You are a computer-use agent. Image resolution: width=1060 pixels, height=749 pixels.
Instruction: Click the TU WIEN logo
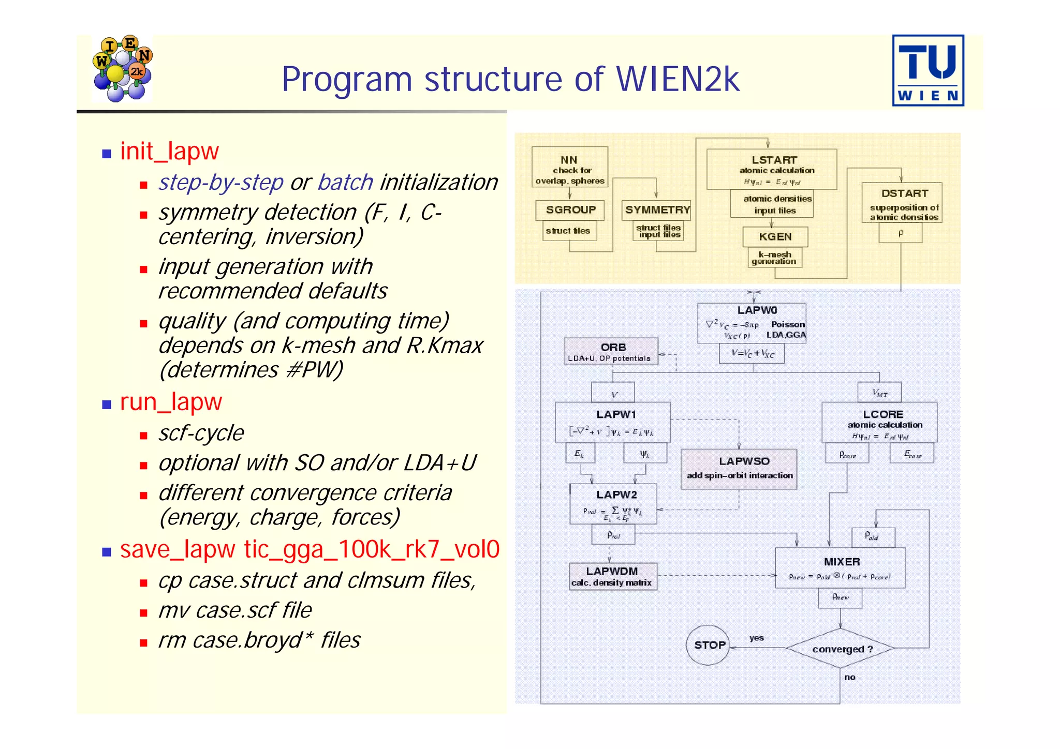927,70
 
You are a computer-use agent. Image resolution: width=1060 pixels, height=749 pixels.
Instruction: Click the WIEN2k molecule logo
123,68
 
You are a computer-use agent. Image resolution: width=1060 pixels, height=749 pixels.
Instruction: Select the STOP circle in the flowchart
708,645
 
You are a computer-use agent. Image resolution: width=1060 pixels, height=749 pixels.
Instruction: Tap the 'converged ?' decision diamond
840,649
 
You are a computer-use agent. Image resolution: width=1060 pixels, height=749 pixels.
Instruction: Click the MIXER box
840,567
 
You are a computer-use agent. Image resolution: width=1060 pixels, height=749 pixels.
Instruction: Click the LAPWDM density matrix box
613,576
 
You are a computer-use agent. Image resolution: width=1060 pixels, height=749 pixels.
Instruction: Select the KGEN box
775,236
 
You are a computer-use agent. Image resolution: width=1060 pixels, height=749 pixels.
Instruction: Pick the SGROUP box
570,209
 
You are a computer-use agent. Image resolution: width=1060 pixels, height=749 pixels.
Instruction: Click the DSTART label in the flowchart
904,193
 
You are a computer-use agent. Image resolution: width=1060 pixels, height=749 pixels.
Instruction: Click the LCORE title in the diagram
883,414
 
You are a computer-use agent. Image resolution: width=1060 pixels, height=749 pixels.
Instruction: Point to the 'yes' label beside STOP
756,638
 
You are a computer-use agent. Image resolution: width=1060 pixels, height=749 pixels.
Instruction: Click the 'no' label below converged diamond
849,677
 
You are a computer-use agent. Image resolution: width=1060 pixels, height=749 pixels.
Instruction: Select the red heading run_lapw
171,402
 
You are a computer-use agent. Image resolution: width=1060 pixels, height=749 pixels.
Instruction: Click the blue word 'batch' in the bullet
345,182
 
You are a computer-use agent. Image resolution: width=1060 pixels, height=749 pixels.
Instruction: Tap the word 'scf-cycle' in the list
201,433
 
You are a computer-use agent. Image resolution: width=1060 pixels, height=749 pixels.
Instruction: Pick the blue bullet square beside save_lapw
107,552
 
